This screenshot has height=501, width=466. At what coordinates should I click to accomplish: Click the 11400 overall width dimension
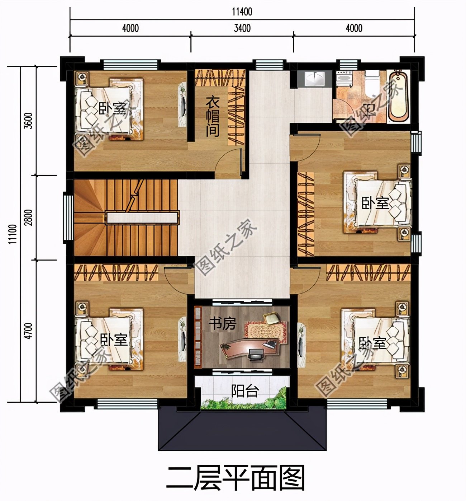[242, 11]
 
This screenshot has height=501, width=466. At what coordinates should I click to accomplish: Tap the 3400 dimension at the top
[242, 28]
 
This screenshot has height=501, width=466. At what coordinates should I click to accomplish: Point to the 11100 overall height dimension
[13, 234]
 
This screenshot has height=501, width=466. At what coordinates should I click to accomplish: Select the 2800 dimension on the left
[29, 217]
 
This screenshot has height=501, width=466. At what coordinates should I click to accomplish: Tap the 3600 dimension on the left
[29, 121]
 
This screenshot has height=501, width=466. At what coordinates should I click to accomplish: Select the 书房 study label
[222, 324]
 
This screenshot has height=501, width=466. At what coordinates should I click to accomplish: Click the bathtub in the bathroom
[399, 96]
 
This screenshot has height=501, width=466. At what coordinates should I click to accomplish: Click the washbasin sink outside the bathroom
[315, 79]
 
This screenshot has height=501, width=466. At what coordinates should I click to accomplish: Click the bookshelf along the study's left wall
[198, 337]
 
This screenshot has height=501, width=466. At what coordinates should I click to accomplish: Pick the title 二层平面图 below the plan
[236, 478]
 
